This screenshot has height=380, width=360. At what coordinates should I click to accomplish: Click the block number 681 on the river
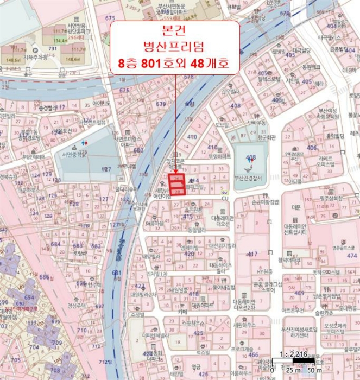point(116,273)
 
